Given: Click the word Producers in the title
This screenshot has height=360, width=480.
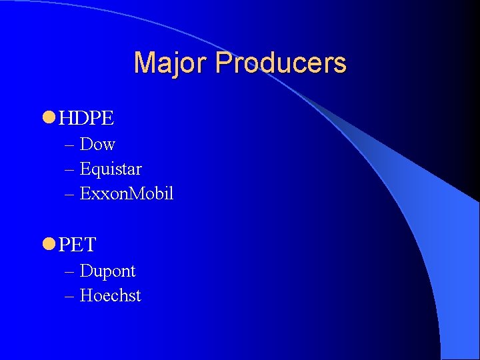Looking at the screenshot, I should tap(281, 63).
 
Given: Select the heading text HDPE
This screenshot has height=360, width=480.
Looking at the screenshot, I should tap(86, 119).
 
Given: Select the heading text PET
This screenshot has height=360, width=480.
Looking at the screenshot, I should tap(77, 245).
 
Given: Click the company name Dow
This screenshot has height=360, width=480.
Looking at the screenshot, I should tap(97, 144).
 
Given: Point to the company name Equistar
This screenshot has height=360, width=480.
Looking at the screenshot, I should tap(111, 169).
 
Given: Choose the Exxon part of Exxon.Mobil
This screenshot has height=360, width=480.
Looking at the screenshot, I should tap(101, 194).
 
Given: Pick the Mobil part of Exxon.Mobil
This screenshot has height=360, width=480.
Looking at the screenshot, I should tap(151, 194).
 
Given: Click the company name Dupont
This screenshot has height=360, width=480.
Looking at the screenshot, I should tap(107, 271).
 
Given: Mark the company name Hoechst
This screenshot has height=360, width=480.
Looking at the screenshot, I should tap(110, 295).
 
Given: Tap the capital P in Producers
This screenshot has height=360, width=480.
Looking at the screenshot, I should tap(223, 63).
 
